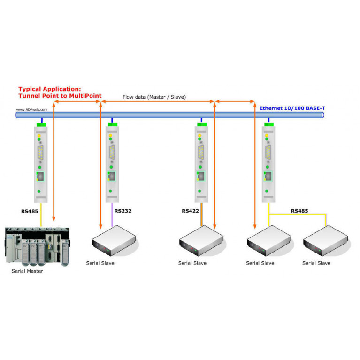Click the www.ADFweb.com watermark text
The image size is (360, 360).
tap(32, 109)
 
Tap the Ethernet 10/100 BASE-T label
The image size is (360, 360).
tap(292, 108)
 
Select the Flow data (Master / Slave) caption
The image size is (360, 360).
tap(154, 97)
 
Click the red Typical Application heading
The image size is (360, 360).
tap(60, 92)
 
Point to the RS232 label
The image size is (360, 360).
tap(123, 211)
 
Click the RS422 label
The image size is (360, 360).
tap(191, 211)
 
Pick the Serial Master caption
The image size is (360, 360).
tap(27, 271)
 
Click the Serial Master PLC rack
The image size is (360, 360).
tap(37, 246)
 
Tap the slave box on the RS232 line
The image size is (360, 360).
tap(114, 240)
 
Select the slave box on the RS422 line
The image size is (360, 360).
tap(201, 240)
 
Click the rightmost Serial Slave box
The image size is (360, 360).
tap(325, 240)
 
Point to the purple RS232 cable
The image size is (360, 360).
tap(112, 214)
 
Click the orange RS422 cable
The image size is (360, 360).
tap(201, 214)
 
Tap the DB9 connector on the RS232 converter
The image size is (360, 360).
tap(112, 152)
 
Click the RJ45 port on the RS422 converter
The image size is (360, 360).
tap(201, 176)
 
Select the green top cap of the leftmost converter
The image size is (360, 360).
tap(41, 125)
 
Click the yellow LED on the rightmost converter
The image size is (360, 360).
tap(267, 136)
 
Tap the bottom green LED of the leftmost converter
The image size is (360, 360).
tap(39, 191)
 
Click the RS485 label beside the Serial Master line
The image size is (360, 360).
tap(30, 211)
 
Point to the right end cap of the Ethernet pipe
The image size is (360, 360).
tap(322, 115)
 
